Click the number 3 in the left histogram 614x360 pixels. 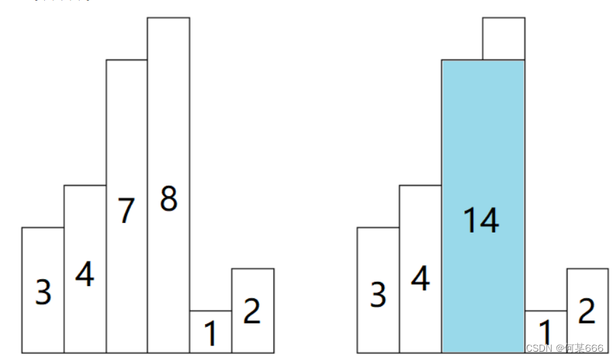(43, 293)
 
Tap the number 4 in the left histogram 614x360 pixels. (84, 275)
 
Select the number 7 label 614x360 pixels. (125, 210)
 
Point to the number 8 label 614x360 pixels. (168, 199)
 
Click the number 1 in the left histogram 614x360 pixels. (211, 334)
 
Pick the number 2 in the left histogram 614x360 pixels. (252, 312)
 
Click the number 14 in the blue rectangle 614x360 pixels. (480, 220)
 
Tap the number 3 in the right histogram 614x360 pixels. (378, 295)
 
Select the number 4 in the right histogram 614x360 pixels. (419, 278)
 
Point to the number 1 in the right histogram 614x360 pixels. (545, 333)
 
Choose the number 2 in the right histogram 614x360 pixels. (587, 312)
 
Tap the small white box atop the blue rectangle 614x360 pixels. (503, 39)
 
